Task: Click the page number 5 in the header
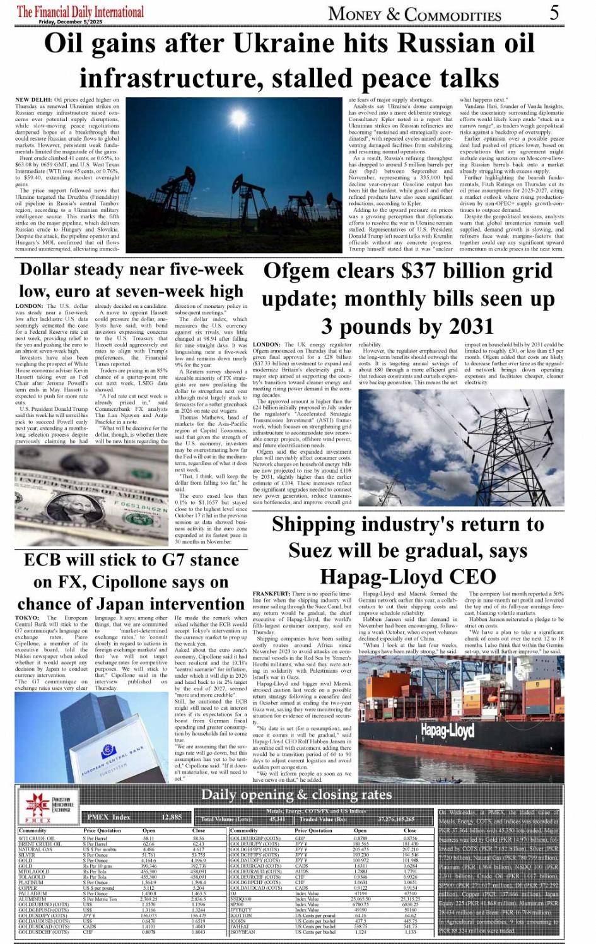(x=554, y=12)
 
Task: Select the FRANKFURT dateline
(x=271, y=594)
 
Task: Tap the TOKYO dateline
(x=27, y=618)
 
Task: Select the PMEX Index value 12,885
(x=172, y=817)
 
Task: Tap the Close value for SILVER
(x=199, y=854)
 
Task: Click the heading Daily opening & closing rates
(x=296, y=794)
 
